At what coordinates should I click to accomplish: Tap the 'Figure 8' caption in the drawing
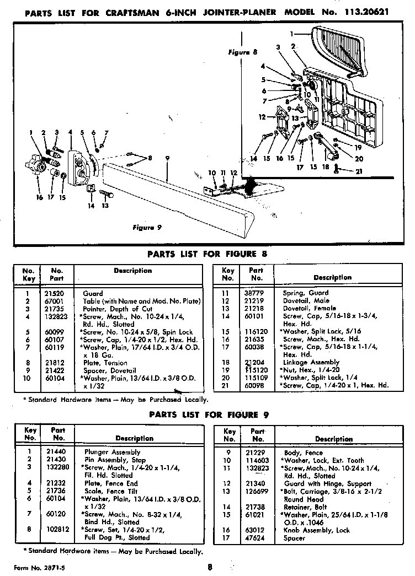pos(243,53)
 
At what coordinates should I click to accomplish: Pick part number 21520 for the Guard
pos(54,294)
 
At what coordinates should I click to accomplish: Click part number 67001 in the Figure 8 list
pos(54,301)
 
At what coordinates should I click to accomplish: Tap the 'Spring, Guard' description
pos(306,293)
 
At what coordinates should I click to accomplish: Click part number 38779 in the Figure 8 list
pos(256,293)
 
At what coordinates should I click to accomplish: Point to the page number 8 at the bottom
pos(210,566)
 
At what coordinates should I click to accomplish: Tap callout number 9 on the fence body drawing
pos(166,158)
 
